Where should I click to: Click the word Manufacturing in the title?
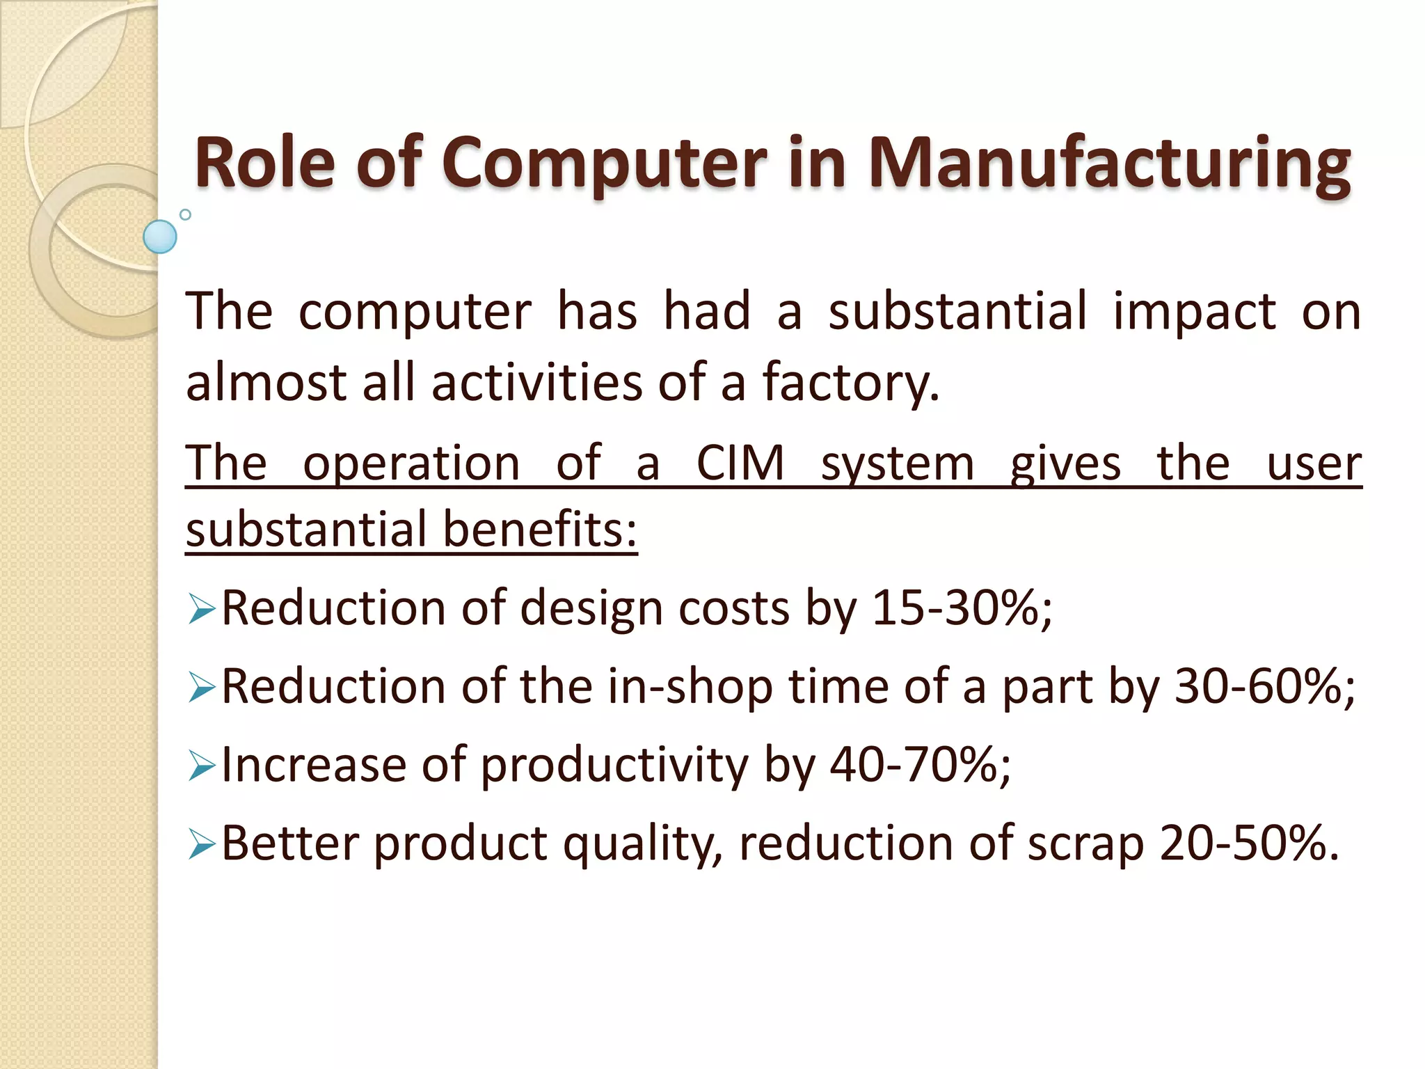coord(1109,164)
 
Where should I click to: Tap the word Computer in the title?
coord(603,164)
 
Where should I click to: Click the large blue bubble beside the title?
coord(160,237)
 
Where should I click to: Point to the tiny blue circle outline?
coord(185,214)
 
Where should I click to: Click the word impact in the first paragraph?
coord(1194,312)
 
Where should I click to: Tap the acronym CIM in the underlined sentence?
coord(740,463)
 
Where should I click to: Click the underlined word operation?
coord(411,463)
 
